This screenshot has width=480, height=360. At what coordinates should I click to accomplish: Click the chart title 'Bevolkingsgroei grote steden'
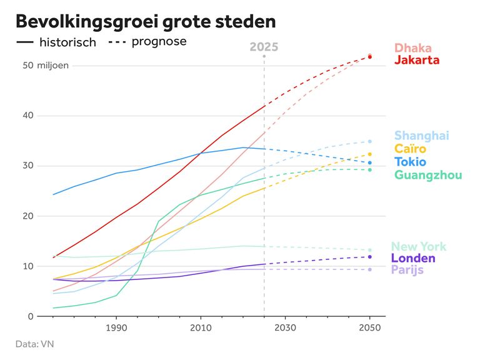[146, 21]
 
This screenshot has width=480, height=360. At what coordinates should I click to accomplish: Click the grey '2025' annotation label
[264, 47]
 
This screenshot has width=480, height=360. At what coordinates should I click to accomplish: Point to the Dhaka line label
[413, 48]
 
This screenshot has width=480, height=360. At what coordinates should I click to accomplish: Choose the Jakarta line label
[417, 60]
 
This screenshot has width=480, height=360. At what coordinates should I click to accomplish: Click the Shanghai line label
[422, 136]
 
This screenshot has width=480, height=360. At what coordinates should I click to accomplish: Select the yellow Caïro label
[411, 149]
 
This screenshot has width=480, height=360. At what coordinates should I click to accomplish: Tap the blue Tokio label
[411, 162]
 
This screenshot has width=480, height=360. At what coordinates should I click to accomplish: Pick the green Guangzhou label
[428, 175]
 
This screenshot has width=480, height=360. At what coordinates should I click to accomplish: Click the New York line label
[419, 246]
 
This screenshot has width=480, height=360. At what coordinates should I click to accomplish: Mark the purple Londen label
[413, 258]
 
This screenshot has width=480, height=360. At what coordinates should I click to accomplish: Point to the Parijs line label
[407, 270]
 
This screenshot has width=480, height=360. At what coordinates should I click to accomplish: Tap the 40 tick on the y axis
[26, 116]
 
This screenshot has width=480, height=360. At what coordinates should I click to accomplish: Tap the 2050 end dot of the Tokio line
[370, 163]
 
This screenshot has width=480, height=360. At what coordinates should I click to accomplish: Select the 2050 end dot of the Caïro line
[370, 154]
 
